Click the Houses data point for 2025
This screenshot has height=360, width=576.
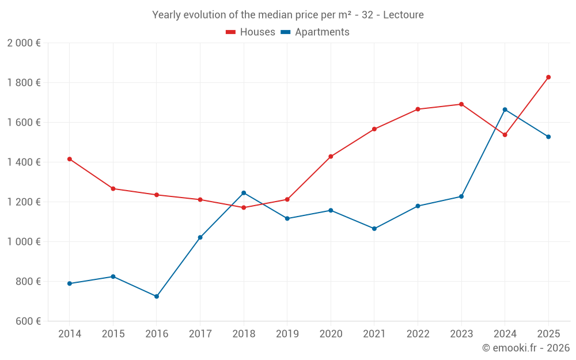point(548,77)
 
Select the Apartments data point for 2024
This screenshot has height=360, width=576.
point(505,109)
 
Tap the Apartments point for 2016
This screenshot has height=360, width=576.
point(157,297)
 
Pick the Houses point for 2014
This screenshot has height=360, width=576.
point(70,159)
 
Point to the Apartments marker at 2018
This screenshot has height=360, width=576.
point(244,193)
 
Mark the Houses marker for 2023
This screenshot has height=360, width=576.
point(461,104)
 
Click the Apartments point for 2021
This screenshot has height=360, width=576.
point(374,229)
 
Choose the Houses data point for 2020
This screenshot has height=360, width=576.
point(331,157)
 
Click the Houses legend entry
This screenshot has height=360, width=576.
point(251,32)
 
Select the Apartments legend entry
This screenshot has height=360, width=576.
point(316,32)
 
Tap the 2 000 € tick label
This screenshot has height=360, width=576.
point(24,43)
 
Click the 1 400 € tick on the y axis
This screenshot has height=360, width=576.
point(24,162)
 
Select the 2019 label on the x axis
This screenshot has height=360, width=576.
point(287,334)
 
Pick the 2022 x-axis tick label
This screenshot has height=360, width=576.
point(418,334)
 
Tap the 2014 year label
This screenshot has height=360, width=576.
point(70,334)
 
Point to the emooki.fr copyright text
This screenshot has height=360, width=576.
point(526,348)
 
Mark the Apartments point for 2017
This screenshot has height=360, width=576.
point(200,237)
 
